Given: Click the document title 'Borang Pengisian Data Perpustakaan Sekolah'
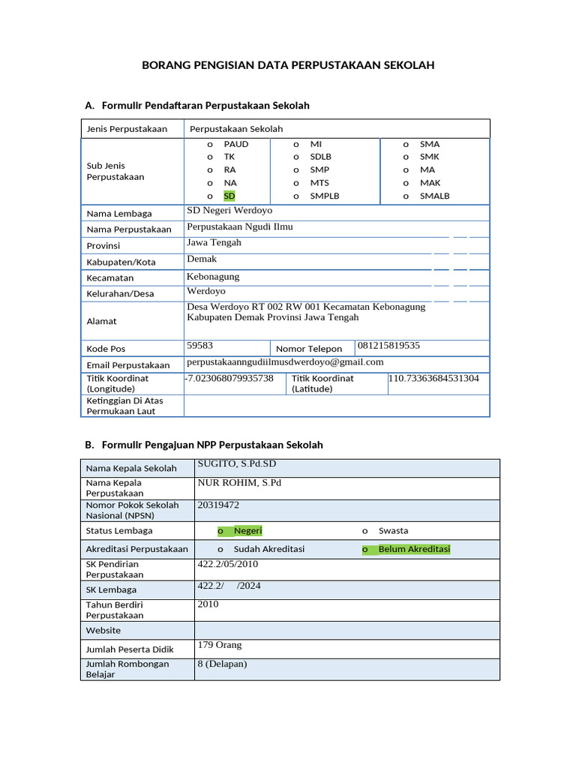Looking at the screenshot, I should click(288, 65).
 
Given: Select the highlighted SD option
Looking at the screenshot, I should click(229, 196).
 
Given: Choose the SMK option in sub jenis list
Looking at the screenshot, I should click(429, 157).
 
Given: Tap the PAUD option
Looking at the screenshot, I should click(235, 144).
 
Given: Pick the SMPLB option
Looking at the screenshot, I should click(324, 196).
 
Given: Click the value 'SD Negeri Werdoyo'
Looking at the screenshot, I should click(229, 211).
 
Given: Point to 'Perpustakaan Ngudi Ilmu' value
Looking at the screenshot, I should click(240, 226).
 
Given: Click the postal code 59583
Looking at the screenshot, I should click(200, 346).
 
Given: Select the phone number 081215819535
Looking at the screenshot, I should click(388, 346).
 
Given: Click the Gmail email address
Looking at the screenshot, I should click(285, 361).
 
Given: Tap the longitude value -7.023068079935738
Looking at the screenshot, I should click(229, 379).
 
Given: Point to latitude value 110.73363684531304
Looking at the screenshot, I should click(433, 379).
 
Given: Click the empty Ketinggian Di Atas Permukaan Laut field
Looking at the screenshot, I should click(336, 406).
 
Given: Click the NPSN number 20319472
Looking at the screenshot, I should click(218, 505).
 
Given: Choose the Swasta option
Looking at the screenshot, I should click(393, 531).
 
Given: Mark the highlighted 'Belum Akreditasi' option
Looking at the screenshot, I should click(413, 549).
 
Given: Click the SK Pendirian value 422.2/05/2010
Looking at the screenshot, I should click(227, 564).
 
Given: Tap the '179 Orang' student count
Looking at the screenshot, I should click(219, 645).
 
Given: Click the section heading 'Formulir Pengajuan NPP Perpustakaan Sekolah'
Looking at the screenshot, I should click(211, 445).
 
